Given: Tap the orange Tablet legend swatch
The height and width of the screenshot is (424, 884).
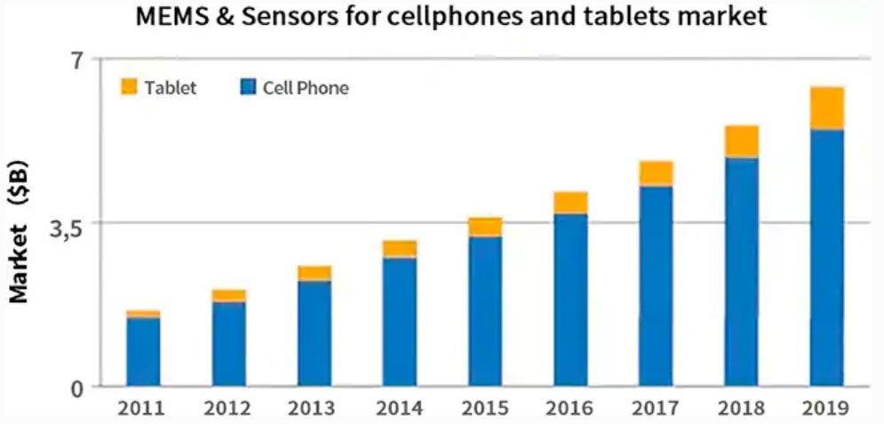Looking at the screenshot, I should coord(130,87).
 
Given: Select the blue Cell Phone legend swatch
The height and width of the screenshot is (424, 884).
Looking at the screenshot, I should coord(248,87).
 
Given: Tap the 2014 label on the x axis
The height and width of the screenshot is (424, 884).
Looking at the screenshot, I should coord(399,409).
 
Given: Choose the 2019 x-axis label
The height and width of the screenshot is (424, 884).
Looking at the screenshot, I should coord(827,409).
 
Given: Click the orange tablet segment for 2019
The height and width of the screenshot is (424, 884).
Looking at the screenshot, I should coord(826,108).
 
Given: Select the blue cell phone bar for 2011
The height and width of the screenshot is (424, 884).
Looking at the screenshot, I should coord(143,351).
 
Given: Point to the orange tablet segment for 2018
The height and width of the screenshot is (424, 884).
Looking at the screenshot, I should coord(741,141).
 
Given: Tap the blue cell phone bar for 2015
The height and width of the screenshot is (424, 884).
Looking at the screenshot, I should coord(485,311).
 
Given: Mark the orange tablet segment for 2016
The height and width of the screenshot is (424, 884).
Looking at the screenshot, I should coord(570,203).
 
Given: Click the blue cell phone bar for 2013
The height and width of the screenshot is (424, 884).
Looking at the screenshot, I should coord(315,333).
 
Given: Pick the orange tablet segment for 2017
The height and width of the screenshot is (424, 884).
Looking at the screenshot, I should coord(656,173).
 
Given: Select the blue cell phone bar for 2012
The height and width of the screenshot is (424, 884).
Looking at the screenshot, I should coord(228,344).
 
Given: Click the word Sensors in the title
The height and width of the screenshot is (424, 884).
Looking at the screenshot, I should coord(278,18).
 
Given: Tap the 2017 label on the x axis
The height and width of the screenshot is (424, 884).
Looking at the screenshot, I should coord(656,409).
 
